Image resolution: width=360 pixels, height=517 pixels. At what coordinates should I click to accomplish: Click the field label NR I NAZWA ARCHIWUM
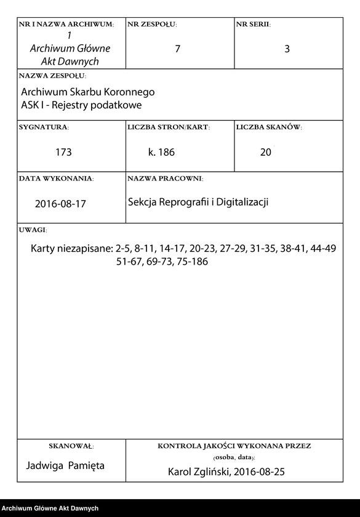pyautogui.click(x=66, y=25)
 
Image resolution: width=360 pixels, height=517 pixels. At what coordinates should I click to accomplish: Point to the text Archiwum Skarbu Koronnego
pyautogui.click(x=87, y=92)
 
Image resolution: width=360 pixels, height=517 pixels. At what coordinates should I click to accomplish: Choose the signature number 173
pyautogui.click(x=64, y=152)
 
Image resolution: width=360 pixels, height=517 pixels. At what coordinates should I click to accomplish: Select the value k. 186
pyautogui.click(x=162, y=152)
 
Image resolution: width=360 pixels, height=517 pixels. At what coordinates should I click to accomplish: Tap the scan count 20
pyautogui.click(x=265, y=152)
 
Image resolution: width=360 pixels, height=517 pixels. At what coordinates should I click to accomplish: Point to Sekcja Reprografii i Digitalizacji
pyautogui.click(x=198, y=202)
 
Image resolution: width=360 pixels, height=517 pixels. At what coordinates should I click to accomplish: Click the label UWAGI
pyautogui.click(x=33, y=230)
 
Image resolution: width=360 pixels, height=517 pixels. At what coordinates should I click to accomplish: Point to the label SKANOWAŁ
pyautogui.click(x=70, y=446)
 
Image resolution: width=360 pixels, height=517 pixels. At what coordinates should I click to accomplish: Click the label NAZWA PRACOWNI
pyautogui.click(x=165, y=178)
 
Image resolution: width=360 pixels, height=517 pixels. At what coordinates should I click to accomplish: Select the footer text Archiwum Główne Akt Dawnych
pyautogui.click(x=50, y=508)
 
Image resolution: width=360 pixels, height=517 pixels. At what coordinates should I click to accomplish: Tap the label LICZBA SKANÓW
pyautogui.click(x=268, y=127)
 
